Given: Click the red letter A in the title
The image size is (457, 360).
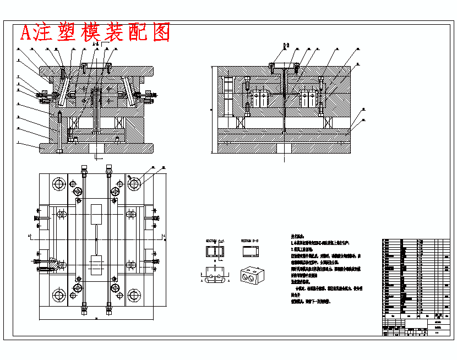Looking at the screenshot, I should pyautogui.click(x=25, y=33).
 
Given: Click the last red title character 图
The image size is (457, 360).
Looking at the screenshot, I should pyautogui.click(x=160, y=32).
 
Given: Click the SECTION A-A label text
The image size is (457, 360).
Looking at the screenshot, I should pyautogui.click(x=215, y=241).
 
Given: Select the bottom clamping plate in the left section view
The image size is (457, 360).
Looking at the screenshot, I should pyautogui.click(x=96, y=147).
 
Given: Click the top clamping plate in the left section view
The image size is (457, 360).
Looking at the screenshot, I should pyautogui.click(x=96, y=71).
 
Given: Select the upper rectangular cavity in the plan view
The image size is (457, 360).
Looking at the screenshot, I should pyautogui.click(x=96, y=213).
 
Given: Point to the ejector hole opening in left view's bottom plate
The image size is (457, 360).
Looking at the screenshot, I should pyautogui.click(x=96, y=149).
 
